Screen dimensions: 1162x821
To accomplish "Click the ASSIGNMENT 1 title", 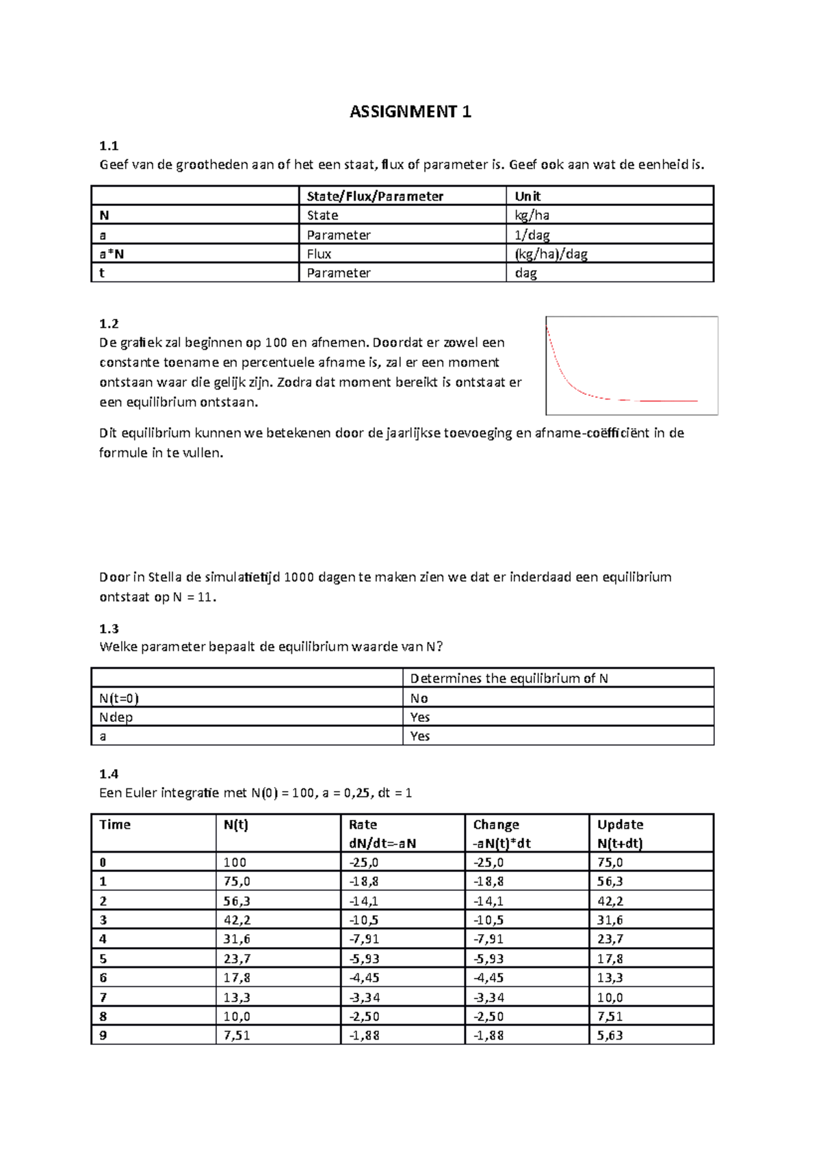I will pyautogui.click(x=410, y=112).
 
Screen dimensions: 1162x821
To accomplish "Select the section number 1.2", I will pyautogui.click(x=109, y=323).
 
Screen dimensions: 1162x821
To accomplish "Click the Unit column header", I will pyautogui.click(x=527, y=196).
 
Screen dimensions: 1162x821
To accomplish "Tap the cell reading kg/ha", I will pyautogui.click(x=532, y=216).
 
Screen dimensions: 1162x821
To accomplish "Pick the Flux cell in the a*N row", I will pyautogui.click(x=319, y=254).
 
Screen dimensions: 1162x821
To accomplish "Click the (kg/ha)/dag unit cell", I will pyautogui.click(x=551, y=254).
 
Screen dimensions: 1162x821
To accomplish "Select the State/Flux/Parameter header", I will pyautogui.click(x=375, y=196).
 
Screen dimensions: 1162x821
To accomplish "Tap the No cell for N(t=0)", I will pyautogui.click(x=419, y=698).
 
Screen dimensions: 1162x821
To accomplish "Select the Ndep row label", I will pyautogui.click(x=116, y=717).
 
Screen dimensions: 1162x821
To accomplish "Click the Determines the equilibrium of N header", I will pyautogui.click(x=508, y=678).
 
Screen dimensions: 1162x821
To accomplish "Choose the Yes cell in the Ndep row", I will pyautogui.click(x=419, y=717).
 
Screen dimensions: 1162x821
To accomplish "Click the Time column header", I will pyautogui.click(x=115, y=825).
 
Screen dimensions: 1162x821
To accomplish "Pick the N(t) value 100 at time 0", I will pyautogui.click(x=235, y=863).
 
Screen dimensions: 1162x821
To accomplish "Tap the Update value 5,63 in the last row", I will pyautogui.click(x=610, y=1035).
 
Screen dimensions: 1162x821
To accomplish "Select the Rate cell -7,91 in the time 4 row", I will pyautogui.click(x=364, y=939).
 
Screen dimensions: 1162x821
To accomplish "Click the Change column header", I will pyautogui.click(x=496, y=825).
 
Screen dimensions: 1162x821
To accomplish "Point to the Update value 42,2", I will pyautogui.click(x=610, y=901).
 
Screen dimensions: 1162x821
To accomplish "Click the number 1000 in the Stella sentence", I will pyautogui.click(x=298, y=577).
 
